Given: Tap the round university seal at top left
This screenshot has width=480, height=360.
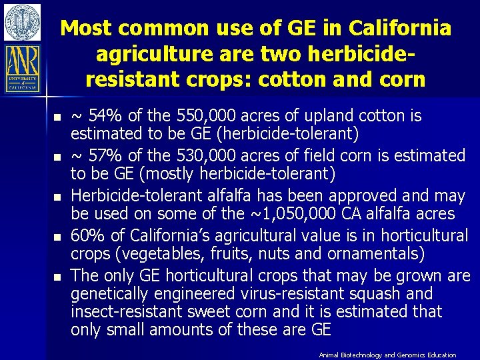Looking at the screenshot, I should [22, 21].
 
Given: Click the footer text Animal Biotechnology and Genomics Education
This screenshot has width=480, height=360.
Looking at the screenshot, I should [387, 355].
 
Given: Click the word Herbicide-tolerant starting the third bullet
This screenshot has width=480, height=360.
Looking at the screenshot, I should [129, 196].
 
